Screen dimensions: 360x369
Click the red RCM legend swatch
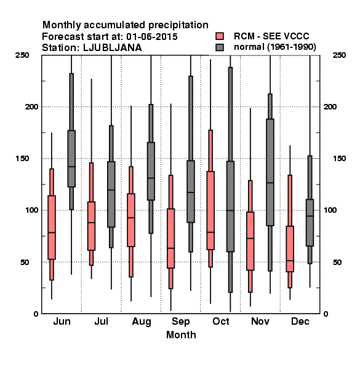point(220,36)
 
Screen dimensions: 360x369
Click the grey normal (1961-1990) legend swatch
point(220,47)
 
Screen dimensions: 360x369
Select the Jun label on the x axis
point(62,322)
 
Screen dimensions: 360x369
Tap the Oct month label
point(220,322)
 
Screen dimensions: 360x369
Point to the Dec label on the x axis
point(300,322)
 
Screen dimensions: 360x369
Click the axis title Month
point(181,335)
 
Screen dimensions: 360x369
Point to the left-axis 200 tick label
point(31,106)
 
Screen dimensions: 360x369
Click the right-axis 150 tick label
point(339,159)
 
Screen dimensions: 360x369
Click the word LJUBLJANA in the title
point(113,48)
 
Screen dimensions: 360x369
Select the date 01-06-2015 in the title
point(152,37)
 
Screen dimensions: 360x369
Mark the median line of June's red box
point(52,232)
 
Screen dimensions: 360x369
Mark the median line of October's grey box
point(230,210)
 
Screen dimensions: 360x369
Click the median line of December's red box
point(290,261)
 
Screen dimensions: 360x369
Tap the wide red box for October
point(210,210)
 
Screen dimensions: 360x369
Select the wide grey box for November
point(270,172)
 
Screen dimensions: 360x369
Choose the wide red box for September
point(170,239)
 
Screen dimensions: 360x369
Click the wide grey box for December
point(310,223)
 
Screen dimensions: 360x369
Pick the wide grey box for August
point(151,171)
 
